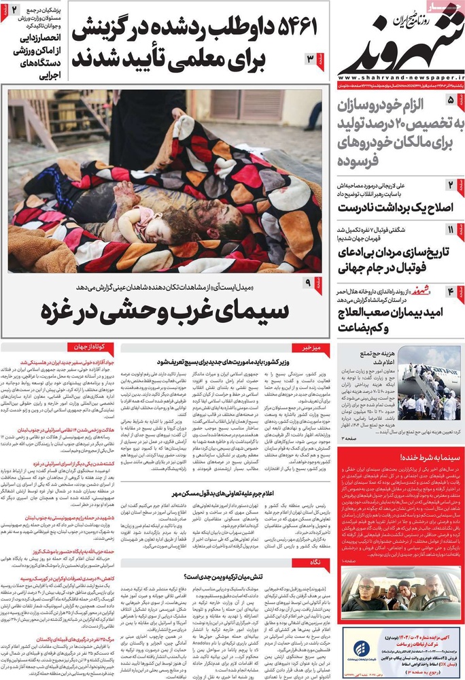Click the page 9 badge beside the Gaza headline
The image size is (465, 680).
309,282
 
